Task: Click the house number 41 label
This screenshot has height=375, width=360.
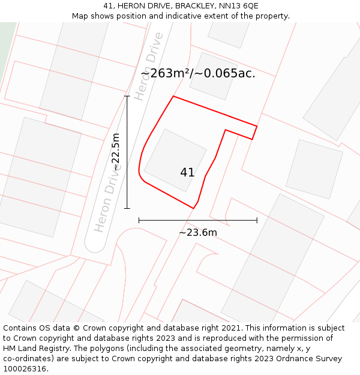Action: click(x=187, y=173)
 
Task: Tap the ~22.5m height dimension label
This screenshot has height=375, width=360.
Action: click(x=116, y=152)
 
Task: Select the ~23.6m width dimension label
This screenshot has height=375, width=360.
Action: click(x=198, y=232)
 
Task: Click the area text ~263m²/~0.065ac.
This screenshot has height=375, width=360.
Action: click(x=198, y=73)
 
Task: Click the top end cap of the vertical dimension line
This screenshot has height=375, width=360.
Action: click(x=127, y=95)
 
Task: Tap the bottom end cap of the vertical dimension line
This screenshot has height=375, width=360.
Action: click(x=127, y=208)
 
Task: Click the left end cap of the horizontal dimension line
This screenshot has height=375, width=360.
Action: click(x=139, y=220)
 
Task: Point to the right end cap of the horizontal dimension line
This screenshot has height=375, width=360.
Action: click(x=257, y=220)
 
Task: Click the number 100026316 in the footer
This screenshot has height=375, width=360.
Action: click(x=25, y=369)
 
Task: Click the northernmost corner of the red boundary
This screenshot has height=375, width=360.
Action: click(x=173, y=96)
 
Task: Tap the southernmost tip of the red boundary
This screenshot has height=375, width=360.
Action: click(x=194, y=208)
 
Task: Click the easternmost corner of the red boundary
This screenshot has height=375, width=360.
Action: click(x=257, y=126)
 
